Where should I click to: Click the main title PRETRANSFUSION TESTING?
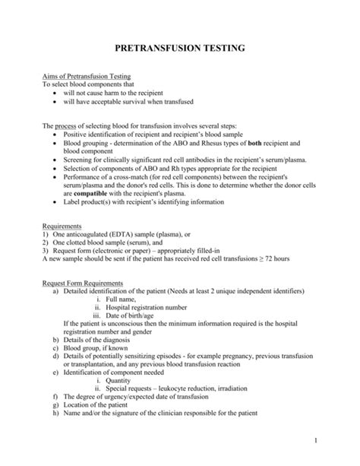click(x=179, y=48)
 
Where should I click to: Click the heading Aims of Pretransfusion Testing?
click(x=86, y=77)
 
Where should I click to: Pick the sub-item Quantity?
click(x=128, y=380)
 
